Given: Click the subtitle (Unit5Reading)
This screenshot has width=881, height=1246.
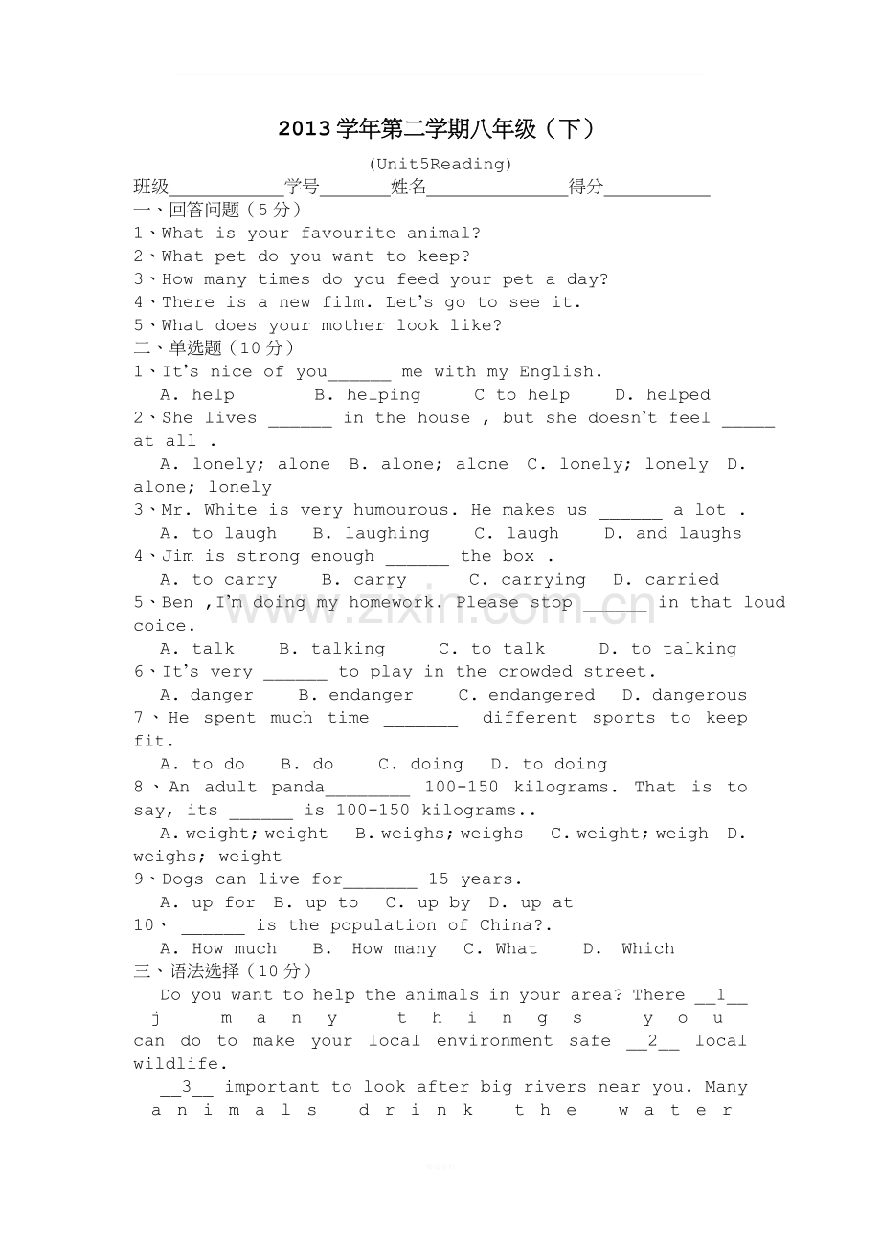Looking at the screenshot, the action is pyautogui.click(x=440, y=164).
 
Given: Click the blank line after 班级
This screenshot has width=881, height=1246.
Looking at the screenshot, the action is pyautogui.click(x=226, y=189).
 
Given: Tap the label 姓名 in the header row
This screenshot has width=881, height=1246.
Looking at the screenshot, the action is pyautogui.click(x=409, y=187).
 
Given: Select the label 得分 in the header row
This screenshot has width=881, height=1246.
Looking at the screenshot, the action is pyautogui.click(x=586, y=187).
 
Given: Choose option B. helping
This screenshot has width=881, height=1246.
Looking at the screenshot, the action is pyautogui.click(x=368, y=394).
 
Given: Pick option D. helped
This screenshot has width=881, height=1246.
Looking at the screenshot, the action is pyautogui.click(x=663, y=394).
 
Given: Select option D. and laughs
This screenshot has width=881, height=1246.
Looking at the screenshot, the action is pyautogui.click(x=673, y=533).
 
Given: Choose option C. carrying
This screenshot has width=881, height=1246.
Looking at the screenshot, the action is pyautogui.click(x=528, y=579).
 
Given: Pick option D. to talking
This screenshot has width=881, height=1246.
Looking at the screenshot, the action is pyautogui.click(x=668, y=649).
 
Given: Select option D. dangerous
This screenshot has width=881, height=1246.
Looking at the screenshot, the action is pyautogui.click(x=685, y=695).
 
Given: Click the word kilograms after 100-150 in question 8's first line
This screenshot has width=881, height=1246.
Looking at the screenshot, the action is pyautogui.click(x=569, y=787).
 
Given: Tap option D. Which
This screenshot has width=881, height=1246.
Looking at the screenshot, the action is pyautogui.click(x=629, y=948).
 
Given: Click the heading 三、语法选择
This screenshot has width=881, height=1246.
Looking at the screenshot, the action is pyautogui.click(x=187, y=971).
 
